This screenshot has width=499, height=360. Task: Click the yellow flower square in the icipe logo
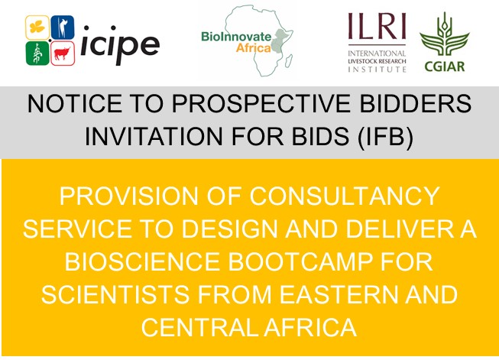37,28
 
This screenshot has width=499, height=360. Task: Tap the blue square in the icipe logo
63,28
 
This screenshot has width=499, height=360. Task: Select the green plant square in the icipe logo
37,54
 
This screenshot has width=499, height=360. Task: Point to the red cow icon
63,54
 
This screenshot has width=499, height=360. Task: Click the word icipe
120,44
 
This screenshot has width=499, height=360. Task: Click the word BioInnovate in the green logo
236,37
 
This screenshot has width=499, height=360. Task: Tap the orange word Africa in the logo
253,48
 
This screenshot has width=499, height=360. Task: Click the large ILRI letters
377,26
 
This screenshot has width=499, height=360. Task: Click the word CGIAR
445,66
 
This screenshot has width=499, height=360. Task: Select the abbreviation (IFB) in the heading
385,137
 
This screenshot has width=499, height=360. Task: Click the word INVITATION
154,136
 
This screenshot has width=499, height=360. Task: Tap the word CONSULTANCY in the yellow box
345,196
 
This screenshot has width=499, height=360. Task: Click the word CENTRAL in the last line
199,327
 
